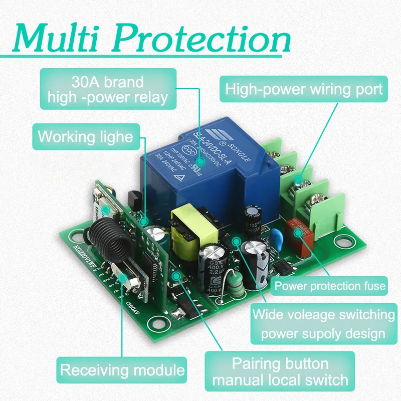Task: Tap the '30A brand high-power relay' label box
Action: click(x=108, y=89)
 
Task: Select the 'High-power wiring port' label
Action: click(x=304, y=90)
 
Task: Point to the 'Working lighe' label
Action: click(x=85, y=136)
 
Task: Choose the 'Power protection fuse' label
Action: click(x=330, y=286)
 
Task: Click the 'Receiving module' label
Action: click(x=122, y=370)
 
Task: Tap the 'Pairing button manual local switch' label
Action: click(x=280, y=371)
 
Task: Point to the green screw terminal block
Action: click(x=301, y=185)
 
